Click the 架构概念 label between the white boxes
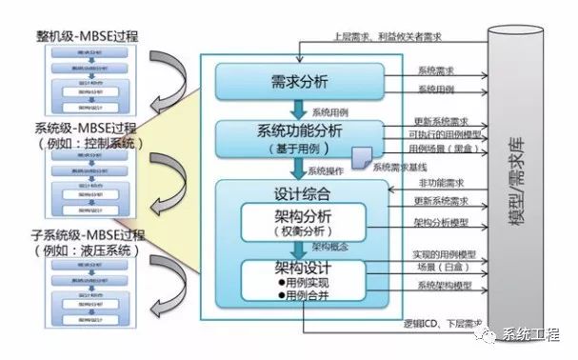326,246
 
